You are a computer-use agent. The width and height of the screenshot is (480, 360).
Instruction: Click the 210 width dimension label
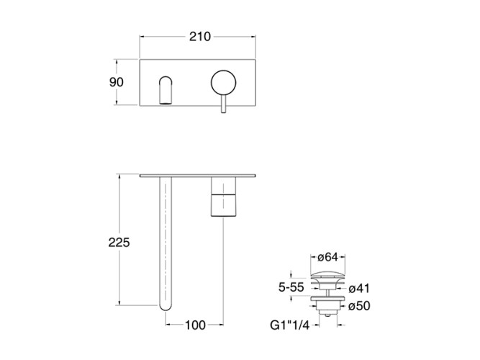click(200, 37)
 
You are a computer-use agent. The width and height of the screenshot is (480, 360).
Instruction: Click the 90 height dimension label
click(117, 82)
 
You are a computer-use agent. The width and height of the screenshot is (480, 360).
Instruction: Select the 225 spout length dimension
click(119, 243)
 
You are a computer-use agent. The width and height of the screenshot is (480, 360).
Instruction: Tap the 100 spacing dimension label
click(195, 325)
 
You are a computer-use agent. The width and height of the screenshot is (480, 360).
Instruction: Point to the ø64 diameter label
click(327, 257)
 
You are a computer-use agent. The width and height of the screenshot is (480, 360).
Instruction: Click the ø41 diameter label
click(359, 289)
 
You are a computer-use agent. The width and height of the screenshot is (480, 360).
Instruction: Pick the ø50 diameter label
click(359, 306)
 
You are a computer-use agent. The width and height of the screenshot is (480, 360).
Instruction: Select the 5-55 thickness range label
click(291, 287)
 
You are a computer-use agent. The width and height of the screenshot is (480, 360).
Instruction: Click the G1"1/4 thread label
click(289, 325)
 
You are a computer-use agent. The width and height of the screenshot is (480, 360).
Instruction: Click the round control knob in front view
click(224, 83)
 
